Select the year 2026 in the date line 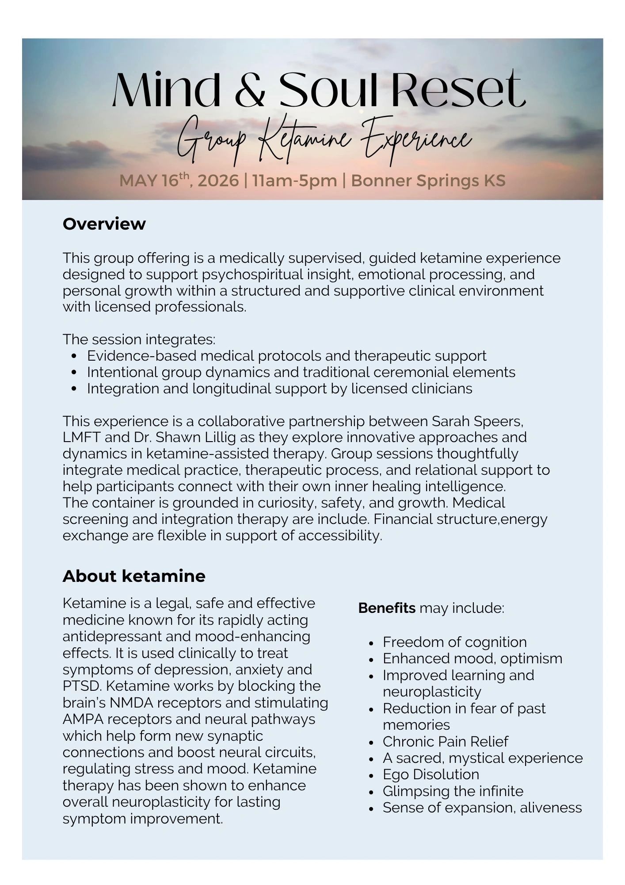point(218,181)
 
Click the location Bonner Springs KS point(428,181)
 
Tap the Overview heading point(104,224)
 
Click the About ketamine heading point(134,576)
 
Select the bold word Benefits point(387,608)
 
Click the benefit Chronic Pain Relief point(445,741)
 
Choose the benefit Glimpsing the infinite point(453,791)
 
